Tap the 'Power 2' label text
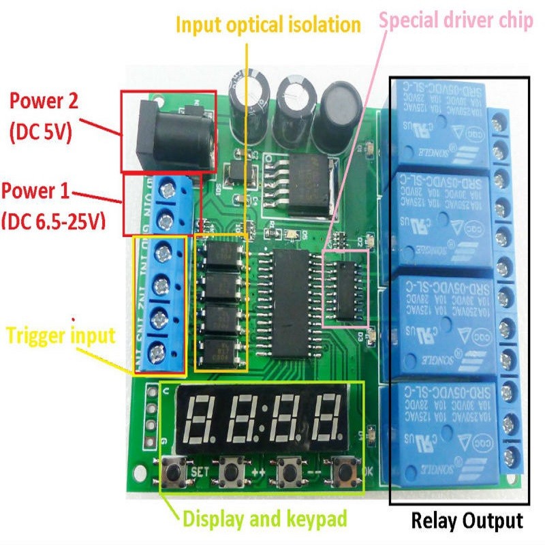tap(53, 103)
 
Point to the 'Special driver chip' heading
tap(456, 20)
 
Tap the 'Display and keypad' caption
tap(265, 520)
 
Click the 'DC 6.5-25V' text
tap(53, 221)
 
